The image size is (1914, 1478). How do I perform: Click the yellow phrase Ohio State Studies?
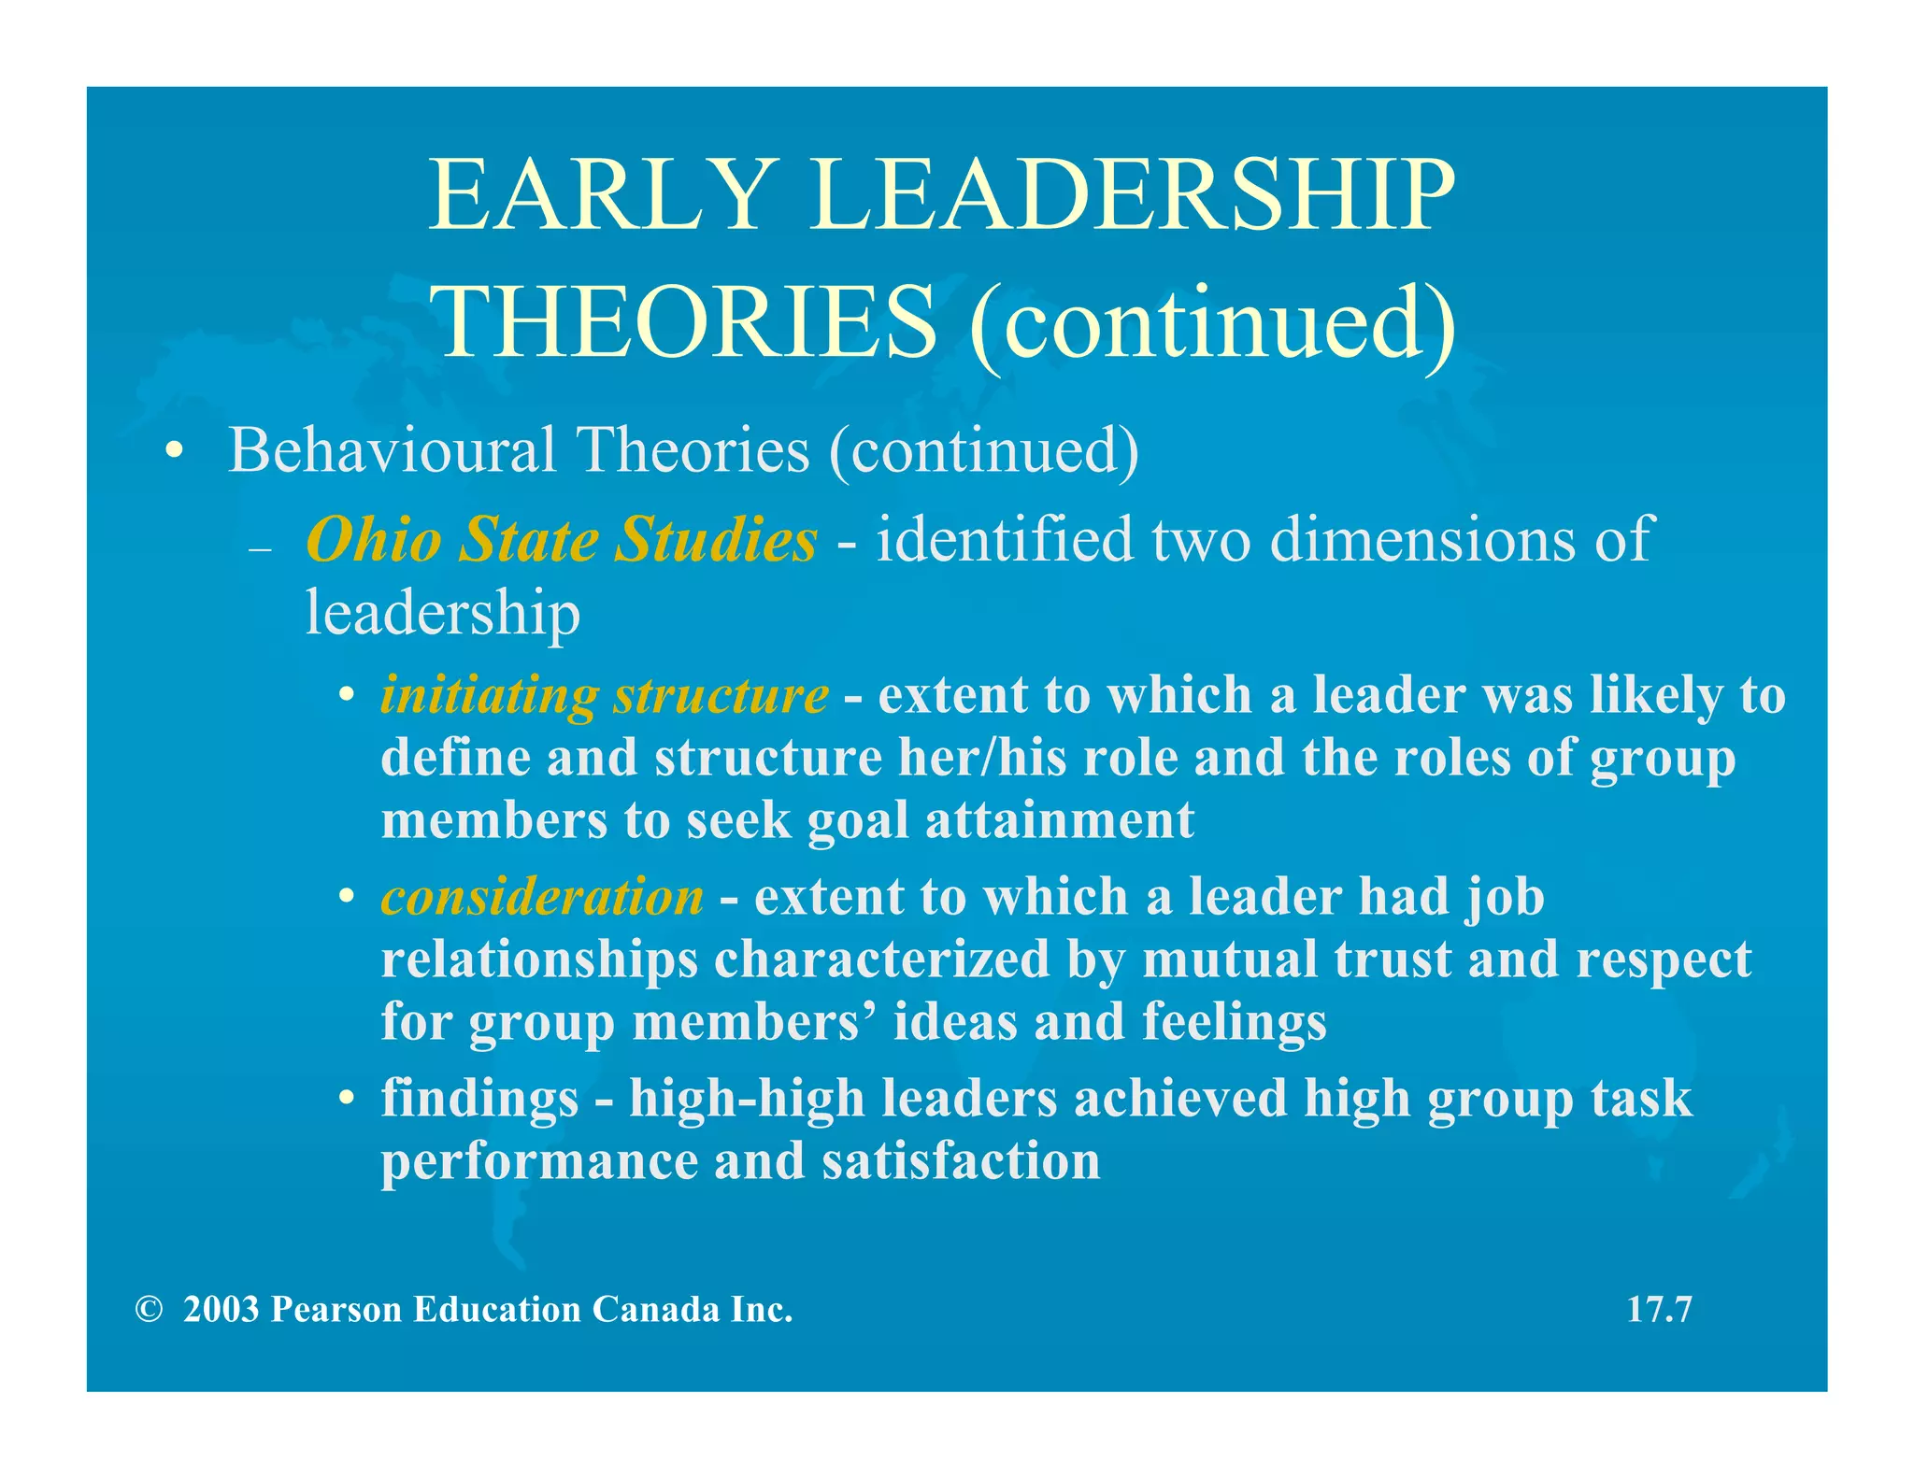coord(562,539)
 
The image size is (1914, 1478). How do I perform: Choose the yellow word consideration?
coord(542,897)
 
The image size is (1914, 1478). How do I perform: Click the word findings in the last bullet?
coord(479,1099)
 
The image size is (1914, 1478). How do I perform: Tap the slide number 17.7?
coord(1659,1309)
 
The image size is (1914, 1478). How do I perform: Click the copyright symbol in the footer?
coord(148,1310)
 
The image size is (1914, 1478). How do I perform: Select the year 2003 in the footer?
coord(221,1310)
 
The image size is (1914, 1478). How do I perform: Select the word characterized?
coord(882,959)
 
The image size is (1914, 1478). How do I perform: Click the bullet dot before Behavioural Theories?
coord(174,452)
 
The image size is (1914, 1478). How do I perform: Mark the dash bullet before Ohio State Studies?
coord(260,549)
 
